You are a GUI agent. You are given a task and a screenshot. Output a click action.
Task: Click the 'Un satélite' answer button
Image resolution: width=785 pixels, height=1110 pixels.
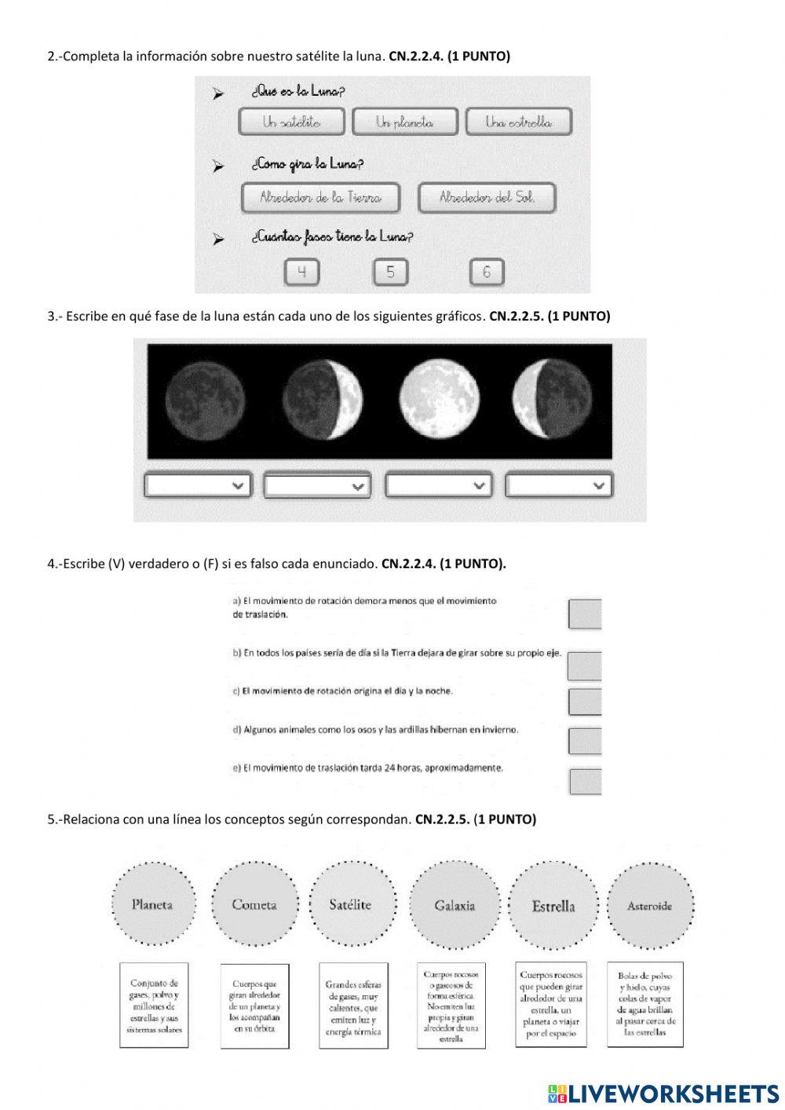click(291, 122)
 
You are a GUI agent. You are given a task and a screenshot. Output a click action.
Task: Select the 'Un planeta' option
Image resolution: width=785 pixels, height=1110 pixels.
click(404, 122)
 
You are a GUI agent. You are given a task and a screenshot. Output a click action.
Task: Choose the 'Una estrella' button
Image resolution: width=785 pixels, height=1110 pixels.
click(518, 122)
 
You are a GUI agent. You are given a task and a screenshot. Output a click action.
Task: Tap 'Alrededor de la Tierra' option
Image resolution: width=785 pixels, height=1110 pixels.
click(320, 198)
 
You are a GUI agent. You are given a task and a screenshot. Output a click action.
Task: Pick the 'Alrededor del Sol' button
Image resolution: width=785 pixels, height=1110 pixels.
click(487, 198)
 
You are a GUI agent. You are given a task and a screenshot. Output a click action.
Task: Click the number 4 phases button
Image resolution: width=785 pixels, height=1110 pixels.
click(301, 273)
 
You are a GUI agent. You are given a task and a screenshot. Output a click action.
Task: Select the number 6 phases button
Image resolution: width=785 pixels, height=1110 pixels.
click(487, 273)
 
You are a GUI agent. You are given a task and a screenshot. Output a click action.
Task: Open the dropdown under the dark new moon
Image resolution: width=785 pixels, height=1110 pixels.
click(198, 486)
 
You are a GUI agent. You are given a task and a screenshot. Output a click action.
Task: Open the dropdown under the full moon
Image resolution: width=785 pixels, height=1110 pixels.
click(439, 486)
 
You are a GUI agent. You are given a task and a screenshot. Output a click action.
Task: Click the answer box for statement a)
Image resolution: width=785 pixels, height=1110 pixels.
click(585, 614)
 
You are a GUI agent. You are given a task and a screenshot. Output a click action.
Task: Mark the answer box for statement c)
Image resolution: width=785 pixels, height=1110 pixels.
click(585, 702)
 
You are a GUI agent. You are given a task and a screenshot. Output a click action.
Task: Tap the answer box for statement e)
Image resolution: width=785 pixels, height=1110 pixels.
click(586, 782)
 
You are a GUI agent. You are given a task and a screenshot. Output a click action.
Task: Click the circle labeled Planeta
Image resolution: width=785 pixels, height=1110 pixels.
click(152, 905)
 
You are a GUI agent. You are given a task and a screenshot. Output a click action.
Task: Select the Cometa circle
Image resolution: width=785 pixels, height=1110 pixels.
click(254, 905)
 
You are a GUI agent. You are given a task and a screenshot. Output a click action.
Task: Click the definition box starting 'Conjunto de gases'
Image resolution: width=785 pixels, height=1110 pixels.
click(154, 1006)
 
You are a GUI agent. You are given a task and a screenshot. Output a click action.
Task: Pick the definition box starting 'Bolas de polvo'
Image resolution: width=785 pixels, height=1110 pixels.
click(645, 1005)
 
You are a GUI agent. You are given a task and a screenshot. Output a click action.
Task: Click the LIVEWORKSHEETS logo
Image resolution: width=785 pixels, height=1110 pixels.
click(663, 1094)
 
